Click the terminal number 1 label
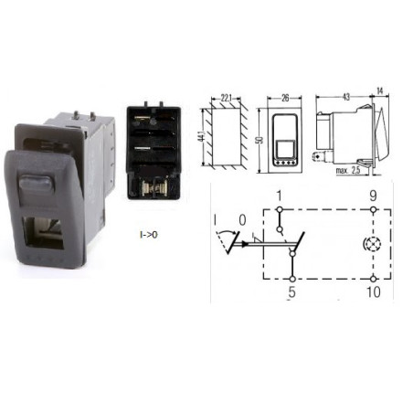tap(280, 196)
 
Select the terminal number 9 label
tap(373, 196)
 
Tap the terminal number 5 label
tap(291, 291)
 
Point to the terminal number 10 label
tap(374, 291)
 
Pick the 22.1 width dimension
tap(226, 98)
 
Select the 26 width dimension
tap(285, 98)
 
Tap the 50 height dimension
tap(259, 140)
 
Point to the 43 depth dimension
tap(345, 97)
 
